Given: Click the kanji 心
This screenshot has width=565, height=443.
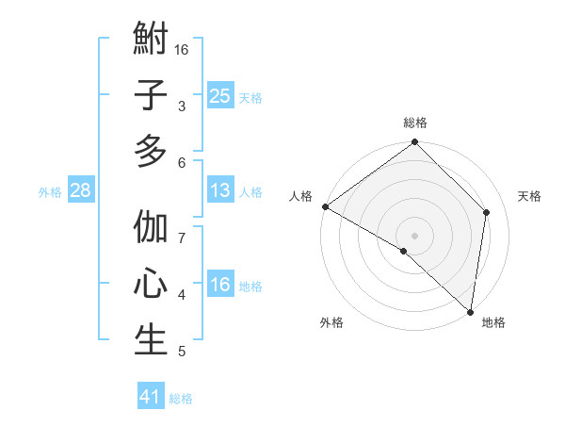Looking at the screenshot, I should point(151,285).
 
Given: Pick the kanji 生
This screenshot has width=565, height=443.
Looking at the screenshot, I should point(151,339).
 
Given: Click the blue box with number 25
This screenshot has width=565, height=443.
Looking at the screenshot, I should point(219,95).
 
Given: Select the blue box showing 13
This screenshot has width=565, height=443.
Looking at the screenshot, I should point(219,190).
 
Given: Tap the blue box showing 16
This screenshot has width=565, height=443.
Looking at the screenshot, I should point(219,286).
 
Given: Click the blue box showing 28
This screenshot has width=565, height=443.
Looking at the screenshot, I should point(80,190).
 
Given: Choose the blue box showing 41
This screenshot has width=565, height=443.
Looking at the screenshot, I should point(151,397).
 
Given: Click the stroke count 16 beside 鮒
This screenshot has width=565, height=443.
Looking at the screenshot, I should point(182,48).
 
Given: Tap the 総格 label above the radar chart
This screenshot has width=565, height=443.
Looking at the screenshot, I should point(415,123).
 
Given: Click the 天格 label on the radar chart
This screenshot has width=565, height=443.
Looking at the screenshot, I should point(530,196).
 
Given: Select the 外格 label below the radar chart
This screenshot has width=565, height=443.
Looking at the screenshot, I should point(331,323).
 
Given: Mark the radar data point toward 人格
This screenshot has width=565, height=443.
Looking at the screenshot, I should point(324,206).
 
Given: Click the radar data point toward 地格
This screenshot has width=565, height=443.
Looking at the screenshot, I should point(469,312).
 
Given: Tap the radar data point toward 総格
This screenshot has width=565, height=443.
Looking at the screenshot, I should point(415,143).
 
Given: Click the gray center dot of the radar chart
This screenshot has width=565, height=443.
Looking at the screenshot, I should point(415,235).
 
